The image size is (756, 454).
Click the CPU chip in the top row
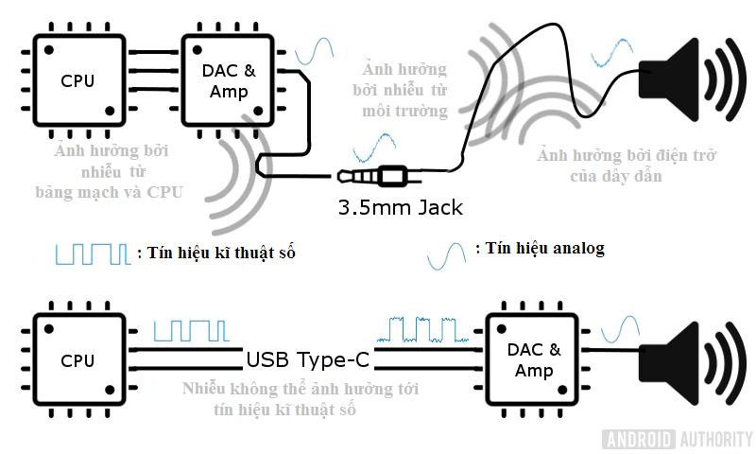[77, 79]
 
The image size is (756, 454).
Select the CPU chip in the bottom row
[77, 360]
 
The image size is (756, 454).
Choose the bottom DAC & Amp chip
[533, 360]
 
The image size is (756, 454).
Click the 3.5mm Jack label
[401, 207]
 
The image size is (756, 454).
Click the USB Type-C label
[307, 360]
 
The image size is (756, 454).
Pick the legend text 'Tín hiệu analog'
[540, 249]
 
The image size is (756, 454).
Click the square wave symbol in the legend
[91, 253]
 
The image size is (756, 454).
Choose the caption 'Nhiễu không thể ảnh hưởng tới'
[301, 389]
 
